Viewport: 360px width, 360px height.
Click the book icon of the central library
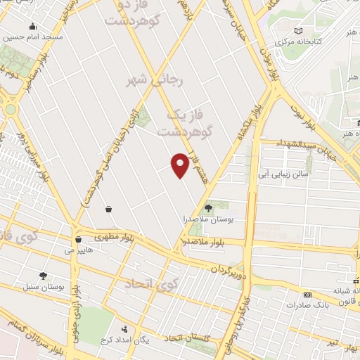pyautogui.click(x=300, y=31)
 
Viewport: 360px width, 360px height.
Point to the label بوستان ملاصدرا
pyautogui.click(x=208, y=219)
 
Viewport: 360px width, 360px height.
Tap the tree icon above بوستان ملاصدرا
pyautogui.click(x=208, y=207)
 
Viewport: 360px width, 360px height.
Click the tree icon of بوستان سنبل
pyautogui.click(x=44, y=276)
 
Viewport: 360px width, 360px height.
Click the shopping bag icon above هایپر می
pyautogui.click(x=109, y=208)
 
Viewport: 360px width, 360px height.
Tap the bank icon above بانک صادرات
pyautogui.click(x=307, y=295)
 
